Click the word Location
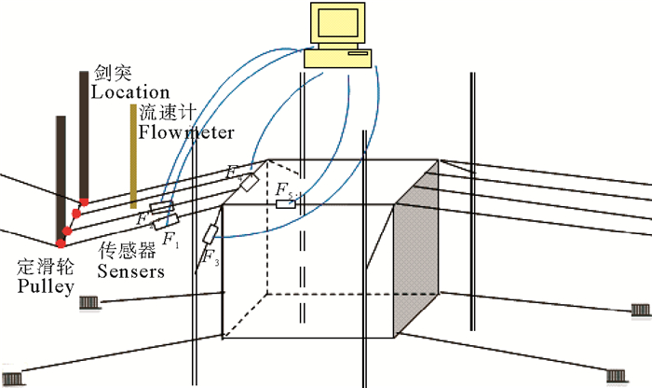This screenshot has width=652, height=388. (130, 91)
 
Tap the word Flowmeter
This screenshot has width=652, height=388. (186, 132)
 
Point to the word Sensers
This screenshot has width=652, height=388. (131, 271)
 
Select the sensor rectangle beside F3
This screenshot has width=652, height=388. (212, 233)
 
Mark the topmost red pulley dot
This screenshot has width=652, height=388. (84, 201)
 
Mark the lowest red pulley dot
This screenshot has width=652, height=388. (61, 243)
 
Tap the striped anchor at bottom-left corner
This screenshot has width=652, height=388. (14, 377)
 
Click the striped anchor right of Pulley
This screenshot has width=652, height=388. (90, 302)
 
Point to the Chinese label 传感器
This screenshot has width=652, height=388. (121, 252)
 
